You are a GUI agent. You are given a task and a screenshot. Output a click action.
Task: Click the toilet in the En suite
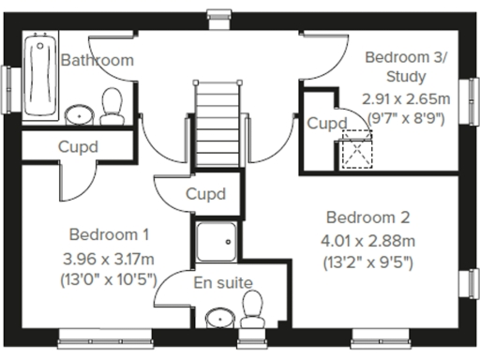[251, 308]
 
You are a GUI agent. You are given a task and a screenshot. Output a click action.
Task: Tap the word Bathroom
[97, 60]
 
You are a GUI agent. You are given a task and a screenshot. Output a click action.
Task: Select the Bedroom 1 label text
[109, 234]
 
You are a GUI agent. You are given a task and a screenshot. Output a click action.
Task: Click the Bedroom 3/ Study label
[405, 67]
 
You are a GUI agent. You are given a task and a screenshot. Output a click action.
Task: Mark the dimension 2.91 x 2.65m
[404, 98]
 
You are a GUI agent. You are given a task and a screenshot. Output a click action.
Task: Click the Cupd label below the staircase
[205, 195]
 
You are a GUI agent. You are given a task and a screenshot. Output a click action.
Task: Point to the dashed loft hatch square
[355, 147]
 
